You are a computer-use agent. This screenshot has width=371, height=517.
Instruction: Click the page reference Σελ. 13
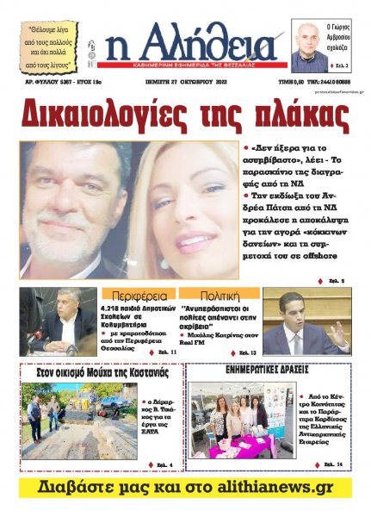click(248, 352)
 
